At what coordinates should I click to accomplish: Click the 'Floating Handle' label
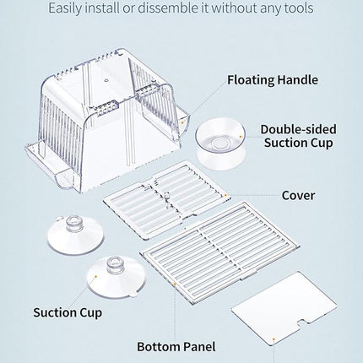coord(273,80)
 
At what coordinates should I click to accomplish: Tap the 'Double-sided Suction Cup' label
coord(298,136)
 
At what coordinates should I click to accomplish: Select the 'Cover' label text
coord(298,195)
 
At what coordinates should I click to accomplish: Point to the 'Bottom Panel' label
coord(176,347)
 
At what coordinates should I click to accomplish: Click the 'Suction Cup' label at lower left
coord(68,313)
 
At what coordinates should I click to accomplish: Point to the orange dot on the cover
coord(225,195)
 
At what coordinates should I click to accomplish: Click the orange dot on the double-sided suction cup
coord(241,137)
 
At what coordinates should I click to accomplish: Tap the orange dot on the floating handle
coord(182,122)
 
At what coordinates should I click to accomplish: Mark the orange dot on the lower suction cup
coord(95,277)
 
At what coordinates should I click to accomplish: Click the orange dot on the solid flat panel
coord(274,339)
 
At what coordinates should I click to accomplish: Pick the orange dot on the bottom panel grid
coord(175,284)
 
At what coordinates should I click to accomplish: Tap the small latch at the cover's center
coord(166,195)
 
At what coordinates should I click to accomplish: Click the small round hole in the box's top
coord(106,80)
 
